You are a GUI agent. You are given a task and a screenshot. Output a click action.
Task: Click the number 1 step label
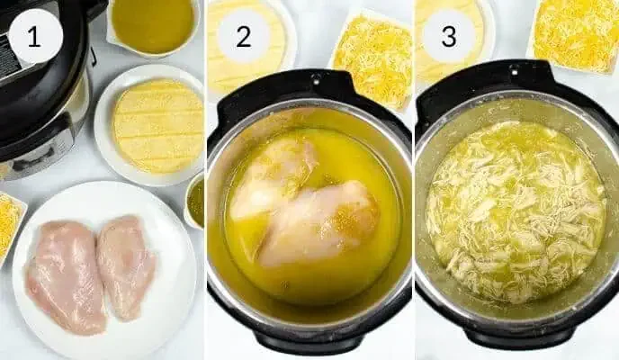pos(34,38)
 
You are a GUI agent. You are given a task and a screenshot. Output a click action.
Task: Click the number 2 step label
pos(243,37)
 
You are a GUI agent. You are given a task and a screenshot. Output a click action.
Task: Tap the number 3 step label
pos(449,36)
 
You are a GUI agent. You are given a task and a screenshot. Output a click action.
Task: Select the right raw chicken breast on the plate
pos(125,265)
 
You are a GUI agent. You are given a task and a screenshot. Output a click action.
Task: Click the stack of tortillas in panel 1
pos(158,125)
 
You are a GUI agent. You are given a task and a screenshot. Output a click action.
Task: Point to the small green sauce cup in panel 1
pos(194,201)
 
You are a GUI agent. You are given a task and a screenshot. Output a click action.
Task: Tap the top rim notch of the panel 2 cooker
pos(317,77)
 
